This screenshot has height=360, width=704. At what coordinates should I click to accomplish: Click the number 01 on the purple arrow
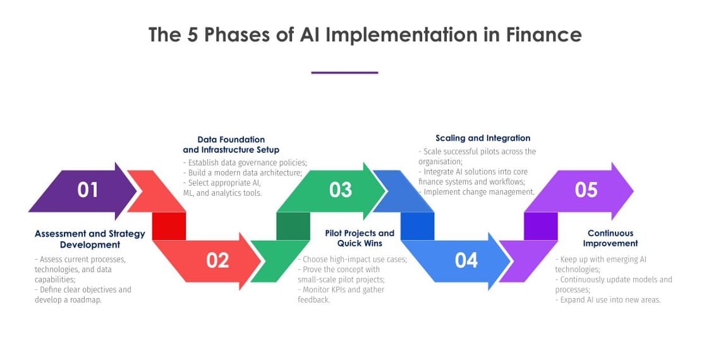88,189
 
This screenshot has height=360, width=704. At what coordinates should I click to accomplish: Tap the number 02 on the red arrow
217,260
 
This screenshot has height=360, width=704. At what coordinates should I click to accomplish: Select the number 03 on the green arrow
340,189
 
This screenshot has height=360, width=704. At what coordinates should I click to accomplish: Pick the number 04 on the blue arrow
466,260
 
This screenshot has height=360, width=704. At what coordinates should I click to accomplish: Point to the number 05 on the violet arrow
586,189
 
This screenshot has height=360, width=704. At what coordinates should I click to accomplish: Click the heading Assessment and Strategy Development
90,239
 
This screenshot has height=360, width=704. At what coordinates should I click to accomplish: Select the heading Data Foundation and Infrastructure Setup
231,145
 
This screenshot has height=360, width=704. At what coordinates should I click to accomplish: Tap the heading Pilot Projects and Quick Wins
360,238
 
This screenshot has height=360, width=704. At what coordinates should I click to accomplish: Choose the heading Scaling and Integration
483,138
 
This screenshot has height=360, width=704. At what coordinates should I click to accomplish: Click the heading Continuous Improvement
610,238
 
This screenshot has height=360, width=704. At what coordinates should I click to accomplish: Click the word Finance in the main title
543,35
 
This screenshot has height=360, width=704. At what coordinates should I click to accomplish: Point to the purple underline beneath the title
344,73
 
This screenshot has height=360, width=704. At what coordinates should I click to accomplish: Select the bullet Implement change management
479,192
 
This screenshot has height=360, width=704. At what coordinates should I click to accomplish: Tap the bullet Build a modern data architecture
245,172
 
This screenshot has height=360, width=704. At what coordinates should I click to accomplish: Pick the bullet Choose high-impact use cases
352,259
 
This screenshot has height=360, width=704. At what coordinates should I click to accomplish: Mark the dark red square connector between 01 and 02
169,225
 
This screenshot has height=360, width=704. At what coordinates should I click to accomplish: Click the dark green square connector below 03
293,225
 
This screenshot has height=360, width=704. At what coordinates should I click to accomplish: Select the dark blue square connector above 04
417,225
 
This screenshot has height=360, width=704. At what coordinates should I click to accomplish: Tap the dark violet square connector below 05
541,225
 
